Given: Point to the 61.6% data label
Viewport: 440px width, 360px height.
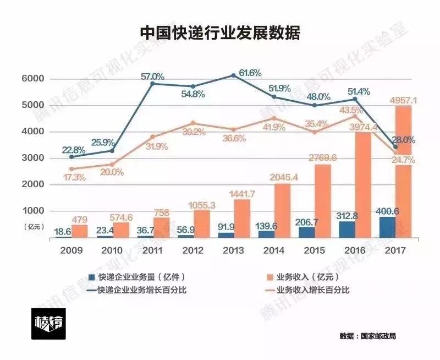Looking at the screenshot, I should point(249,73).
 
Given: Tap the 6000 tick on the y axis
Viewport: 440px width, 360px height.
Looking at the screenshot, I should point(32,79).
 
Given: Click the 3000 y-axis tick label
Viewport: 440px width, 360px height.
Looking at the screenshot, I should point(32,159).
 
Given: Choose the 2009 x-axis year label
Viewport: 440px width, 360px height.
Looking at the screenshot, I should point(72,250).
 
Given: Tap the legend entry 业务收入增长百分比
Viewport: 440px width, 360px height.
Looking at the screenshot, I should point(313,290).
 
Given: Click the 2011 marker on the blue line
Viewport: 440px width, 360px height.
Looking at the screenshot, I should point(152,83).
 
